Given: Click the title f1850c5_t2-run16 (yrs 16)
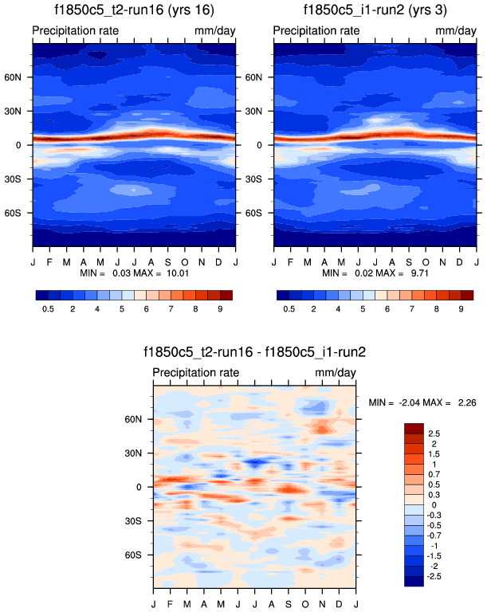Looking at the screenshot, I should pyautogui.click(x=133, y=10).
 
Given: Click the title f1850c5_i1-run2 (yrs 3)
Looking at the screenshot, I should pyautogui.click(x=375, y=10).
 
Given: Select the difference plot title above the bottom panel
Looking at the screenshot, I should pyautogui.click(x=254, y=351).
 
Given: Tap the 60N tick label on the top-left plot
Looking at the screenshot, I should pyautogui.click(x=18, y=78).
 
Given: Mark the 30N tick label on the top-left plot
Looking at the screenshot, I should pyautogui.click(x=18, y=112).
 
